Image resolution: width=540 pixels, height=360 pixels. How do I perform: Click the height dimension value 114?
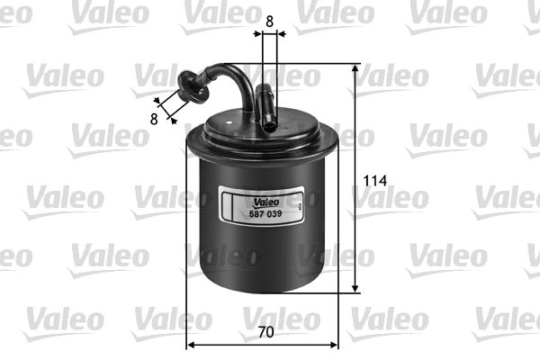374,181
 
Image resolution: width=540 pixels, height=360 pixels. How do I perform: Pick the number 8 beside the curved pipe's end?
155,117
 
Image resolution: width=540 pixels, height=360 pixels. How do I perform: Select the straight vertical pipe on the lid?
268,106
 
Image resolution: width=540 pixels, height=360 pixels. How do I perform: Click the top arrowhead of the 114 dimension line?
356,68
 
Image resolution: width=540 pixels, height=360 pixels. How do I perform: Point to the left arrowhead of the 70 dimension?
191,344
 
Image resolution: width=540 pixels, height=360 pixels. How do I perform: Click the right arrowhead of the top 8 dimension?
282,34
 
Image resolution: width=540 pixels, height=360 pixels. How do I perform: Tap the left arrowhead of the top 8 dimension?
258,34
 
